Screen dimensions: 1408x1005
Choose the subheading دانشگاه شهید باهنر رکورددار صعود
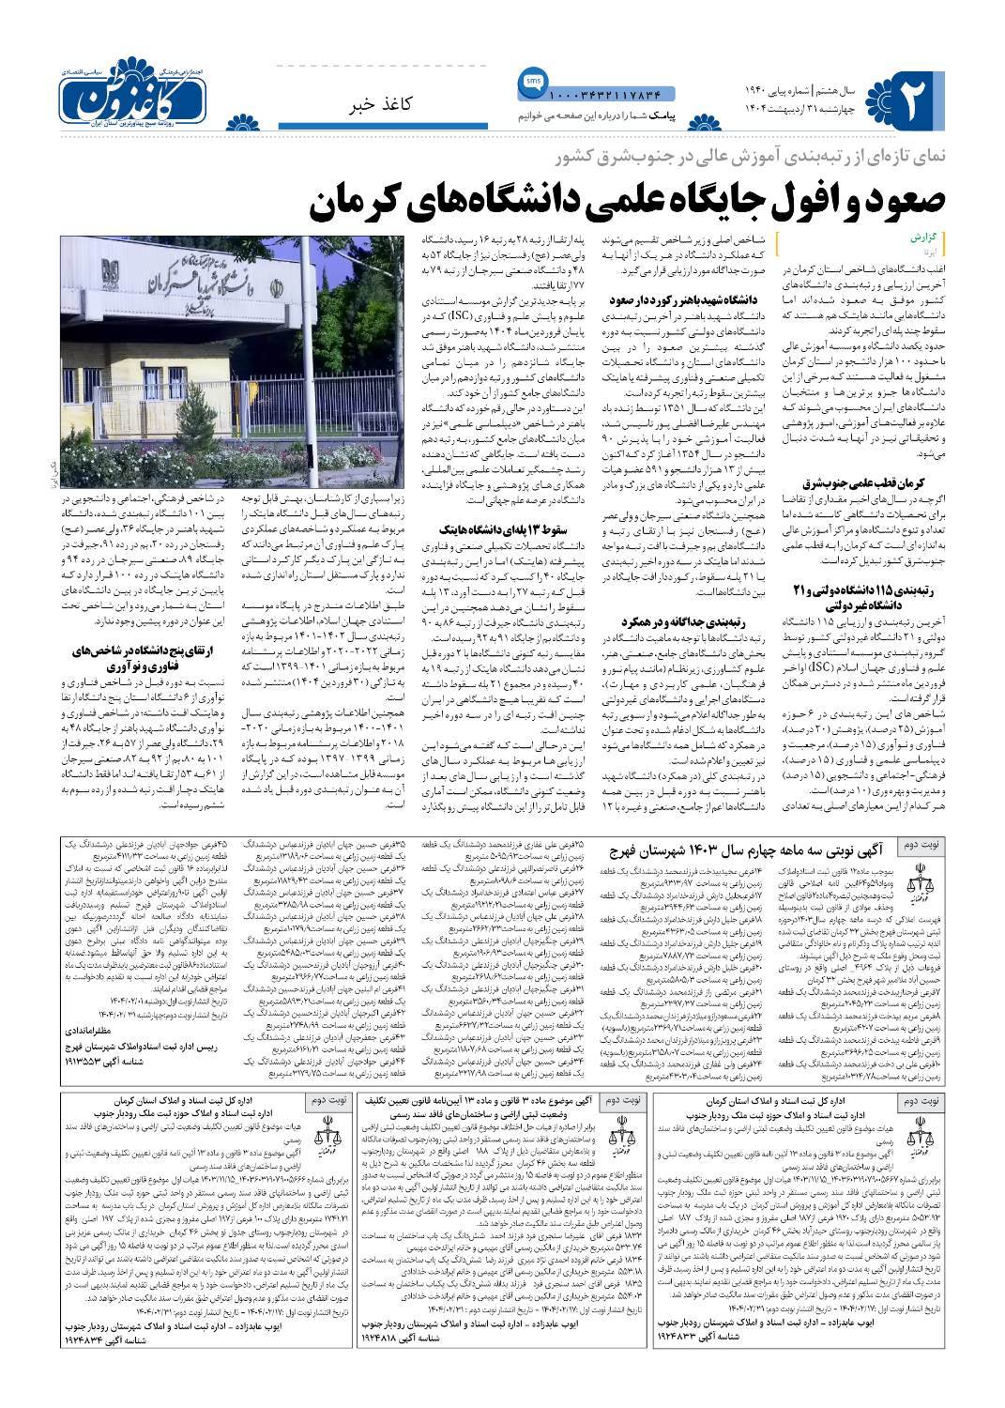click(672, 299)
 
